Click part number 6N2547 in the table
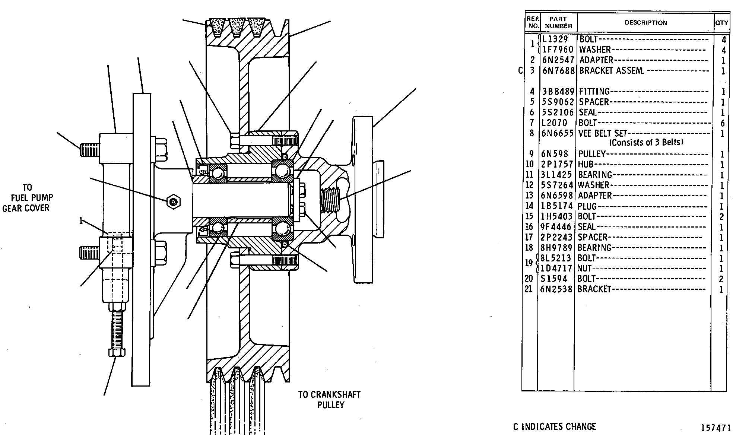coord(558,60)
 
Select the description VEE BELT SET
coord(603,133)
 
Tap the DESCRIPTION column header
coord(645,23)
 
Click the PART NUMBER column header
coord(558,22)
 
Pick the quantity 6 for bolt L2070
coord(723,123)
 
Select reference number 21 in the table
coord(529,289)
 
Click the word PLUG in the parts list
coord(587,206)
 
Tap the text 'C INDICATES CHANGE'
coord(555,426)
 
